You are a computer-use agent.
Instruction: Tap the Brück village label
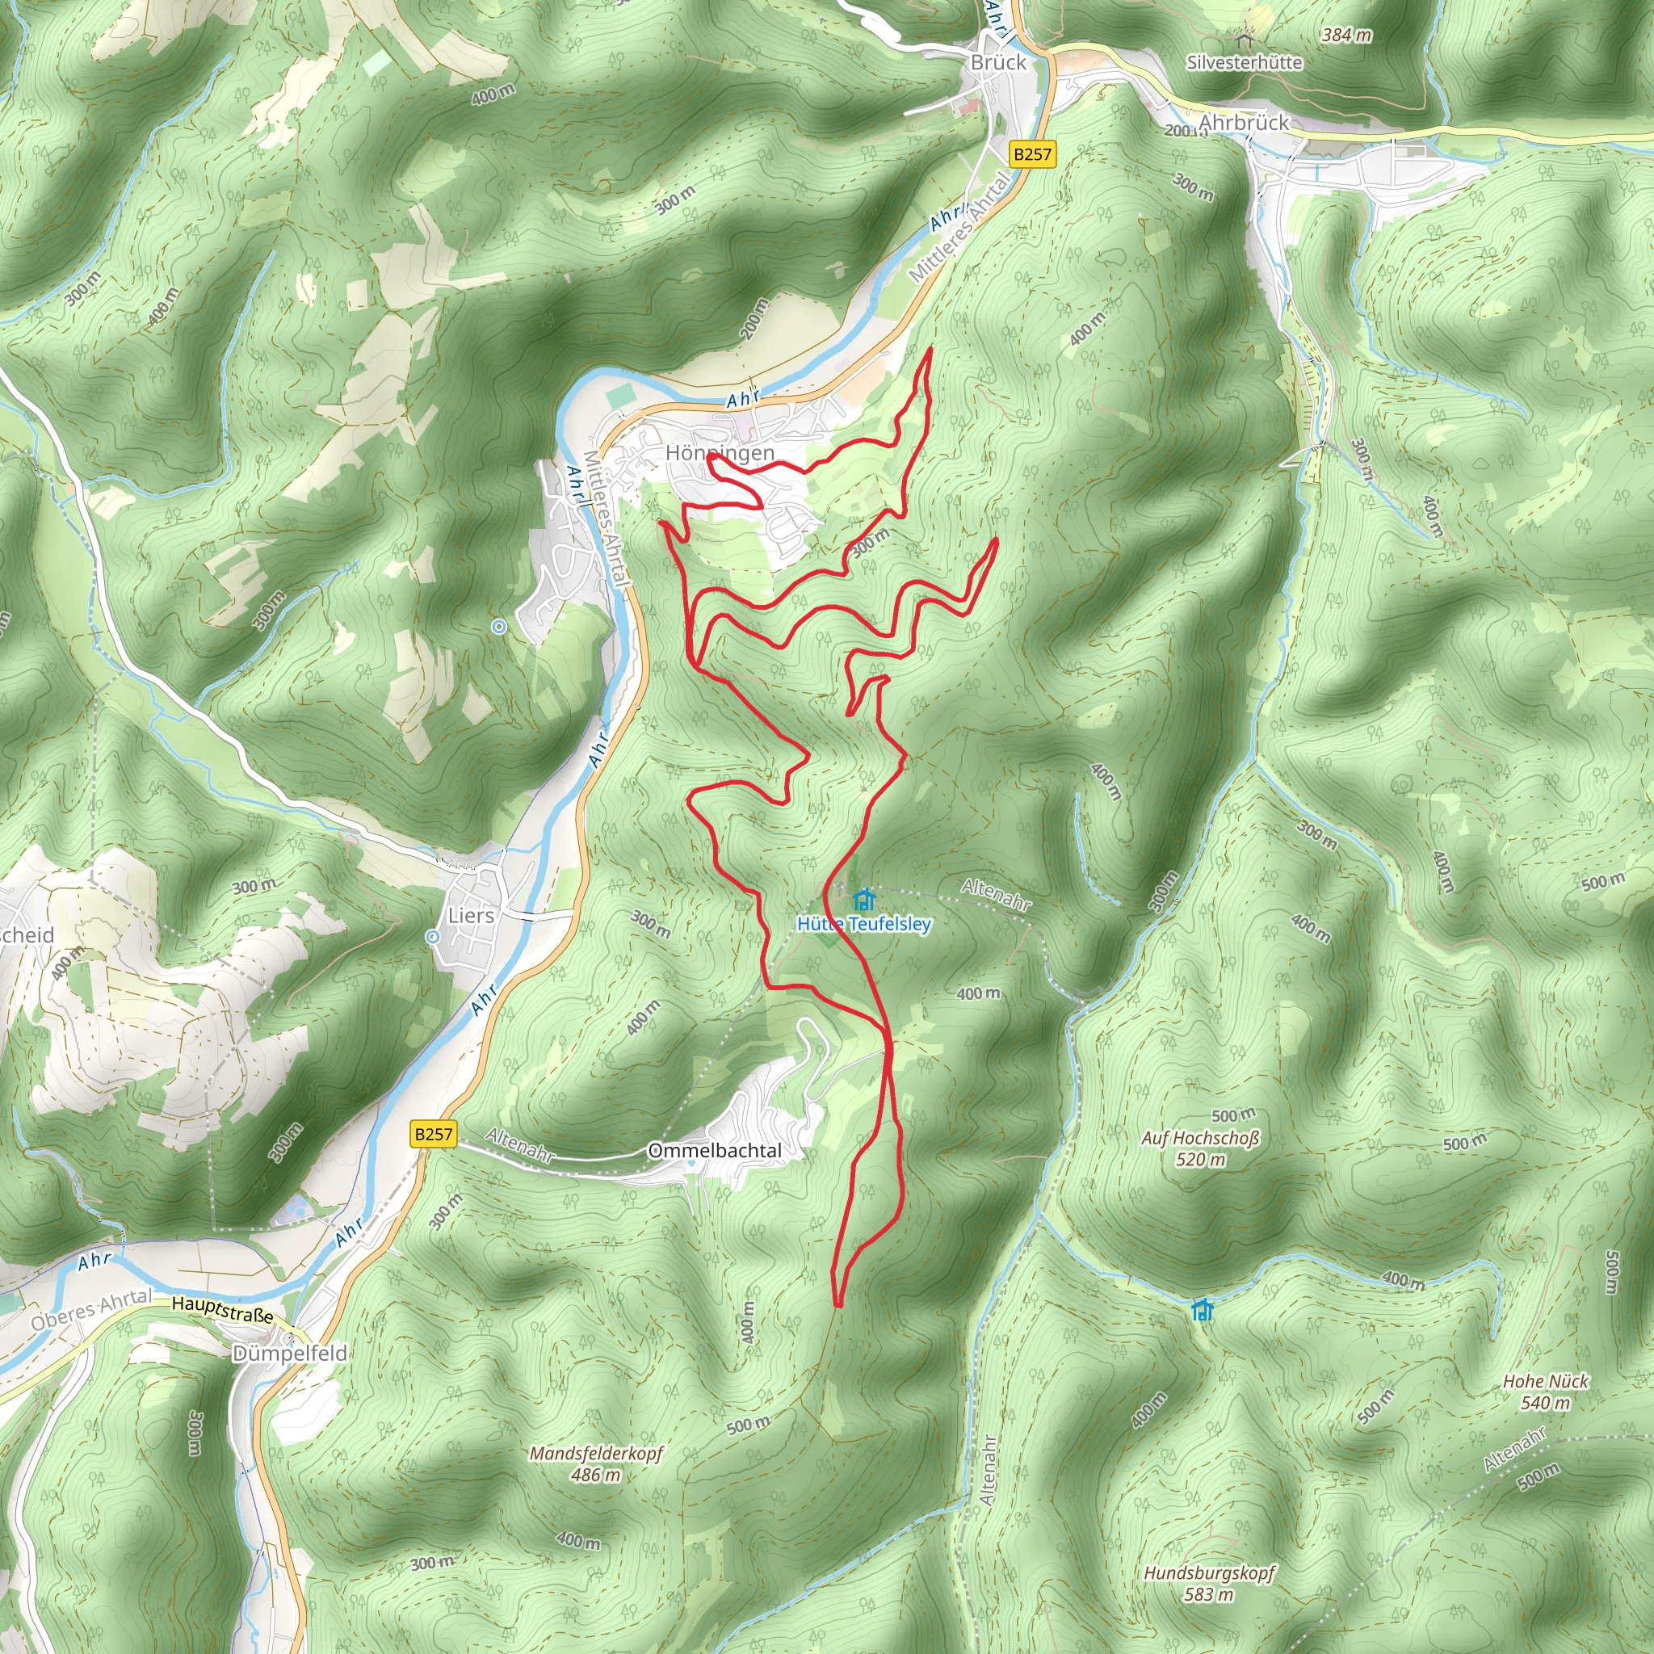(997, 62)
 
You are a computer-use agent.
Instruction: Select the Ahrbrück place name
(1243, 123)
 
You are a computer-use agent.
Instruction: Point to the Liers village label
(471, 915)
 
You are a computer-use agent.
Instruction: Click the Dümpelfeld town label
(290, 1354)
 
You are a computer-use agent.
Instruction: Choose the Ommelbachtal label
(715, 1151)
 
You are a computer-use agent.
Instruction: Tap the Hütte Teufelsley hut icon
(864, 900)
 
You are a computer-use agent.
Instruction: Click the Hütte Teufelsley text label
(864, 924)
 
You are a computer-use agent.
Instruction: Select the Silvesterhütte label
(1244, 62)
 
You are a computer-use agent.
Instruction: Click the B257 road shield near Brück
(1031, 154)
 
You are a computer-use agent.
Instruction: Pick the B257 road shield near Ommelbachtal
(433, 1135)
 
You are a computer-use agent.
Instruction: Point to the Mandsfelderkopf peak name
(596, 1454)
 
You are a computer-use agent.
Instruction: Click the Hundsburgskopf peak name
(1209, 1573)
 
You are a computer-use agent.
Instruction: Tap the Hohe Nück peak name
(1545, 1381)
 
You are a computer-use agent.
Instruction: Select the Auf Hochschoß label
(1200, 1139)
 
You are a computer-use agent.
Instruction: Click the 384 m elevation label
(1345, 35)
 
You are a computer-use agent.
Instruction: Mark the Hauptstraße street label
(222, 1309)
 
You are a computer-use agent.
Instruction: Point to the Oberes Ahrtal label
(91, 1310)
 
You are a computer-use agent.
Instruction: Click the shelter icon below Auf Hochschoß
(1203, 1309)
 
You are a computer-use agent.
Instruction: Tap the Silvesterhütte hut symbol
(1244, 40)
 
